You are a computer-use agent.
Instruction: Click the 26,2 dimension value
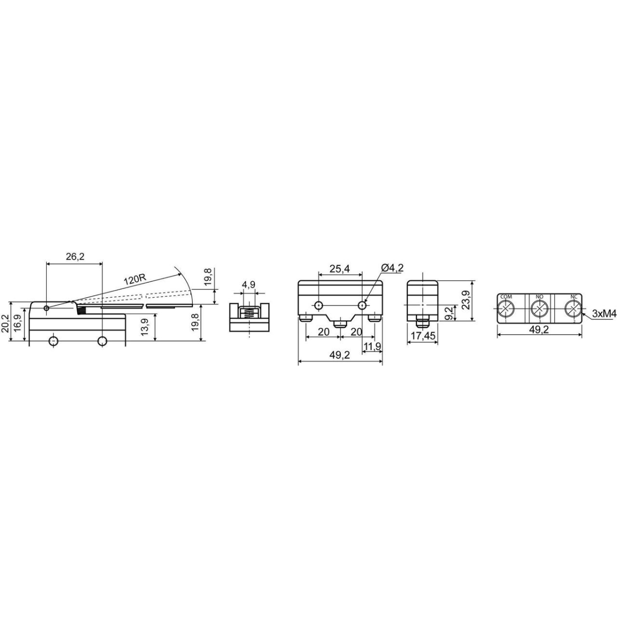[x=75, y=257]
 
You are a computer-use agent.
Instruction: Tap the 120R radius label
[x=135, y=281]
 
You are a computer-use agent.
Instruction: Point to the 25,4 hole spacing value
[x=340, y=269]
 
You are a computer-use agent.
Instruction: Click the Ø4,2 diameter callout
[x=392, y=268]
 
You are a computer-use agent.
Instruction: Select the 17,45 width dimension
[x=423, y=336]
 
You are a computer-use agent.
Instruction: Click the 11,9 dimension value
[x=373, y=346]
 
